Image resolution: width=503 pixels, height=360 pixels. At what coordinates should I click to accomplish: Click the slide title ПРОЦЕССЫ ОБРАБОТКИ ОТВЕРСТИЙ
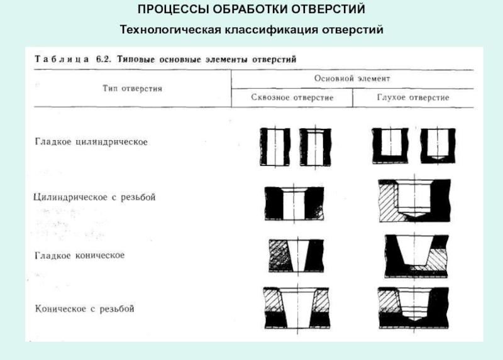pyautogui.click(x=251, y=11)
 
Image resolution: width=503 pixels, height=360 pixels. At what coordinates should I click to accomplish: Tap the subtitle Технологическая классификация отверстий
pyautogui.click(x=251, y=30)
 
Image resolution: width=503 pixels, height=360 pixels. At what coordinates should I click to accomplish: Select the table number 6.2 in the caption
pyautogui.click(x=103, y=58)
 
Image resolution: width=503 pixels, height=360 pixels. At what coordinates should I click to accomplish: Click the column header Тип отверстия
pyautogui.click(x=133, y=89)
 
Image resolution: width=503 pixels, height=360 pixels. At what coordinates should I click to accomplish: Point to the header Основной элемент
pyautogui.click(x=352, y=79)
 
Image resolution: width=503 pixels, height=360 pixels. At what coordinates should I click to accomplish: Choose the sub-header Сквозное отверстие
pyautogui.click(x=292, y=98)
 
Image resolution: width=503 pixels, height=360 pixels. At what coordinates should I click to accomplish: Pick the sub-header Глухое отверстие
pyautogui.click(x=412, y=98)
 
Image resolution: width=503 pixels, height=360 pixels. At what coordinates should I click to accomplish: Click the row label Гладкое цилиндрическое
pyautogui.click(x=91, y=142)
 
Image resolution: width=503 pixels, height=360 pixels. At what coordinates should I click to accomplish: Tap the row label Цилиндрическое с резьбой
pyautogui.click(x=94, y=197)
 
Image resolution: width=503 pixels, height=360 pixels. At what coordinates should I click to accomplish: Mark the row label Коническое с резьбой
pyautogui.click(x=84, y=308)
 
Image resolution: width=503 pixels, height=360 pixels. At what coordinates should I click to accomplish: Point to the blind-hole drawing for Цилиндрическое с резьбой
pyautogui.click(x=414, y=199)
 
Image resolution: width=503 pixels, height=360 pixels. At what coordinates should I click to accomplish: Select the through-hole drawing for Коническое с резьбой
pyautogui.click(x=294, y=307)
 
